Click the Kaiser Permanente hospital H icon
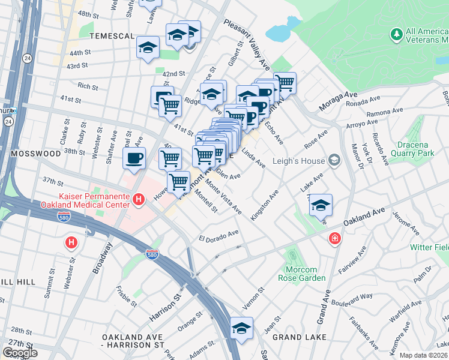click(x=139, y=199)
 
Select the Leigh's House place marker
click(x=333, y=160)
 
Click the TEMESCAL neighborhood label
click(x=112, y=36)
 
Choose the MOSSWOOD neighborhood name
click(x=35, y=154)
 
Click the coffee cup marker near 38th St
click(x=134, y=158)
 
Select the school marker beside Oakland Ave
click(x=321, y=205)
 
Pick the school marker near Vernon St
click(x=241, y=328)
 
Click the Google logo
click(x=20, y=353)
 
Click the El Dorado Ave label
click(x=218, y=235)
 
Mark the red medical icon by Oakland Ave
click(x=334, y=239)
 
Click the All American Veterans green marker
click(x=396, y=35)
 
